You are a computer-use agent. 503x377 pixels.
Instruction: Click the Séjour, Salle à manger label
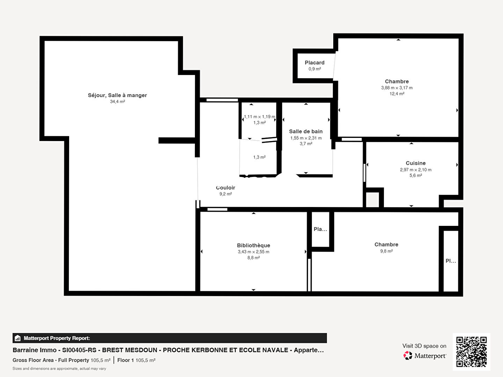(117, 95)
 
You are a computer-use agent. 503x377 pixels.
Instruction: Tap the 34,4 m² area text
(117, 101)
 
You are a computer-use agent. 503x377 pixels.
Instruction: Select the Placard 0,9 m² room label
(315, 66)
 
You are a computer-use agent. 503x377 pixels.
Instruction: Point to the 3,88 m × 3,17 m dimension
(397, 88)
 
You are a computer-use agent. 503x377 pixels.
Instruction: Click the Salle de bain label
(306, 131)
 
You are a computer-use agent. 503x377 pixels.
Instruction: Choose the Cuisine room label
(416, 163)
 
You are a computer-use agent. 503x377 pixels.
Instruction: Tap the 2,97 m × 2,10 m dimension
(416, 170)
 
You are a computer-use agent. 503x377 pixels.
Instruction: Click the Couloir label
(226, 188)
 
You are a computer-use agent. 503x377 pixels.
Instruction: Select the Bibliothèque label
(254, 245)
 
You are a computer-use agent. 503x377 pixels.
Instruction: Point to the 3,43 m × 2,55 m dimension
(254, 252)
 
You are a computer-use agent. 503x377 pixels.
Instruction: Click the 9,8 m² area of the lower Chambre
(386, 251)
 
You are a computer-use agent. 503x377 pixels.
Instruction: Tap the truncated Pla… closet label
(320, 229)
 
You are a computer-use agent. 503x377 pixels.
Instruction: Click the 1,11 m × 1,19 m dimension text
(260, 117)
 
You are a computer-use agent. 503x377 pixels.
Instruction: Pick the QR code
(471, 352)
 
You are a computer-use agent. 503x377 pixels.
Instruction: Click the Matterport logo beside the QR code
(424, 355)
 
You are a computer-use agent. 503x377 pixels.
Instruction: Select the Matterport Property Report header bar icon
(18, 338)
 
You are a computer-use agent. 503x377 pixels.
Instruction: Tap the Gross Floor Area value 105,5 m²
(100, 360)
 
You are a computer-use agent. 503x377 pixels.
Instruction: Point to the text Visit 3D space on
(424, 346)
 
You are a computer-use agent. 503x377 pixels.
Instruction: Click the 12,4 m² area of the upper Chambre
(397, 94)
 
